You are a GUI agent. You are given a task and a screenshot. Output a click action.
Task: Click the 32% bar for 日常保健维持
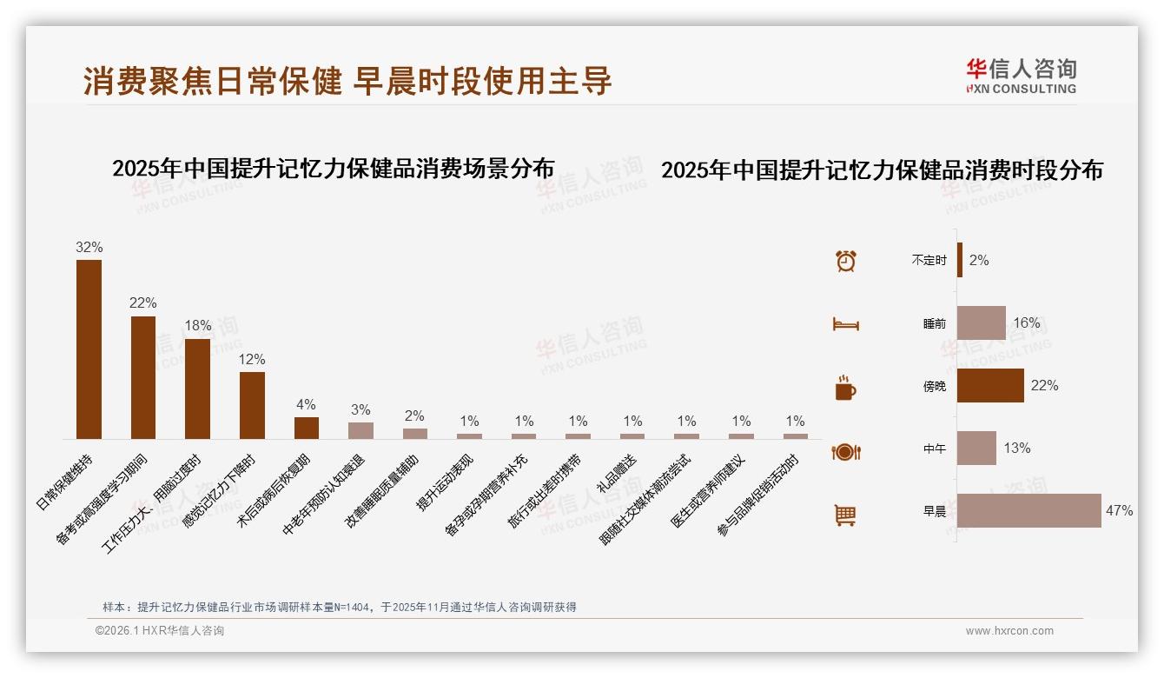(89, 349)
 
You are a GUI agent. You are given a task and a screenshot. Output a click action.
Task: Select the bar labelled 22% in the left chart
(143, 377)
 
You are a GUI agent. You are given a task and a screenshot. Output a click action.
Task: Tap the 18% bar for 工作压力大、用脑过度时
(197, 389)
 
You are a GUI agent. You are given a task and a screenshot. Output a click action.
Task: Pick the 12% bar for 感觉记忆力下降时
(252, 405)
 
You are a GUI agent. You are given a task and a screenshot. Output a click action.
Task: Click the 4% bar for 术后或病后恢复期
(307, 428)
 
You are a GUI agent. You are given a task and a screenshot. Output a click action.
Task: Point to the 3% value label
(360, 410)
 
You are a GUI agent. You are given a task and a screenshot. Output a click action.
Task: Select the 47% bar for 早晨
(1028, 510)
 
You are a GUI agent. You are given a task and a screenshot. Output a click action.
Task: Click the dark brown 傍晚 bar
(990, 385)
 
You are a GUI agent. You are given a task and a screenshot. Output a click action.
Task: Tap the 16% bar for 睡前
(981, 322)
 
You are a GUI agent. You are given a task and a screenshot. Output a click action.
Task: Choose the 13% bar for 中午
(976, 448)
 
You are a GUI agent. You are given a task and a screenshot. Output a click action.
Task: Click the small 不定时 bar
(960, 260)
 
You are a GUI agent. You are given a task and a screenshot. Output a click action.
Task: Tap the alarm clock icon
(845, 261)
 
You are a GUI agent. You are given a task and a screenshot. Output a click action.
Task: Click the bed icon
(845, 324)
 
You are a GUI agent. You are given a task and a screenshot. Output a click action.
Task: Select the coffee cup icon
(845, 388)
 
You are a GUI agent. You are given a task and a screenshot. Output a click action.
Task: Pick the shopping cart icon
(845, 515)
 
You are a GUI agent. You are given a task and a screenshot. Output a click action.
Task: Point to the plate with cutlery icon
(845, 451)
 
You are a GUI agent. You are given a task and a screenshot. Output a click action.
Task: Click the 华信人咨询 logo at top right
(1021, 76)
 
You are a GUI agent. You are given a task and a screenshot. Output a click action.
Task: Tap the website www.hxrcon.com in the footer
(1009, 631)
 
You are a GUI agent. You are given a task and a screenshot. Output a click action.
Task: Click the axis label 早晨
(935, 511)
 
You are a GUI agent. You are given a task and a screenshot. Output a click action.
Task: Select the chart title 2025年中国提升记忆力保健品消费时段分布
(882, 170)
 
